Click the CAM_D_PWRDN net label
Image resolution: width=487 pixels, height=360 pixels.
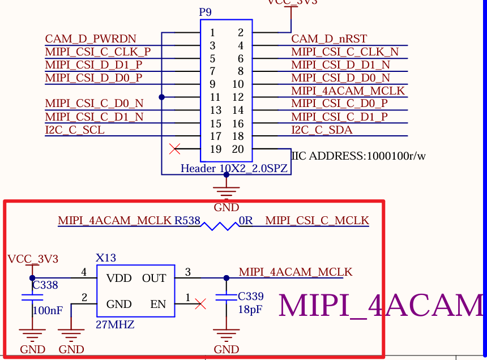pos(91,39)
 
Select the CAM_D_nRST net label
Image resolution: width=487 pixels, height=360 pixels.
pos(329,39)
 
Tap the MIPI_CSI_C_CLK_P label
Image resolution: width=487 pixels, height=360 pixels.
pos(98,52)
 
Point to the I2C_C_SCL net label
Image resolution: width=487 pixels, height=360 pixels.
pos(75,130)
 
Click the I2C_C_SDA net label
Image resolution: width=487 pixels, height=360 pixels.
pos(322,130)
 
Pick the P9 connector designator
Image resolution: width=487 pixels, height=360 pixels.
pos(206,12)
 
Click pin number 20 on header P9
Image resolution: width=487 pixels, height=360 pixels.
pos(238,149)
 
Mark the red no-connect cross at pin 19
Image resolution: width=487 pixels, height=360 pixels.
pos(175,149)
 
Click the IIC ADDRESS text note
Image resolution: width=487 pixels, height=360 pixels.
pos(358,156)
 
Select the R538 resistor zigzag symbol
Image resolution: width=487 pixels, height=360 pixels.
pos(220,226)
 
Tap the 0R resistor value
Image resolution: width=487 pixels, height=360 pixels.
pos(246,220)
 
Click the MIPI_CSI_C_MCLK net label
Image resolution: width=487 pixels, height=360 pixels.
pos(317,220)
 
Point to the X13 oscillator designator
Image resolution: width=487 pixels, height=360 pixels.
pos(106,258)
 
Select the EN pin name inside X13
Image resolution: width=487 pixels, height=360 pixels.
pos(158,305)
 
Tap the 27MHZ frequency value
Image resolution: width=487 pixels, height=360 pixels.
pos(116,325)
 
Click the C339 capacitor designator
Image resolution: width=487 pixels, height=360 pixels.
pos(251,297)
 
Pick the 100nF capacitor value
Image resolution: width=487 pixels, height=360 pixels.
pos(48,311)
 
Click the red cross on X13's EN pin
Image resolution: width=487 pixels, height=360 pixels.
pos(200,305)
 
